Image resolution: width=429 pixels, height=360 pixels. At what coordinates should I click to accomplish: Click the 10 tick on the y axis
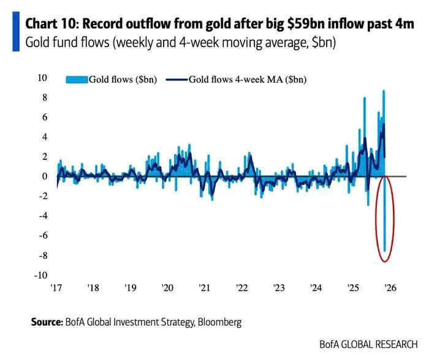click(43, 78)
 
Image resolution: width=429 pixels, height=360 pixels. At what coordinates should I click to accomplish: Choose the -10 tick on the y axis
click(42, 275)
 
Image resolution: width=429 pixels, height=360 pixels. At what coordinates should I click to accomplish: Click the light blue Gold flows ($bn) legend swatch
click(77, 79)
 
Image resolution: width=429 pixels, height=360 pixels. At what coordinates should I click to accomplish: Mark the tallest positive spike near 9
click(384, 92)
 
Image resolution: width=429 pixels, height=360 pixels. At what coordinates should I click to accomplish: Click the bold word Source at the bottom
click(47, 322)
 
